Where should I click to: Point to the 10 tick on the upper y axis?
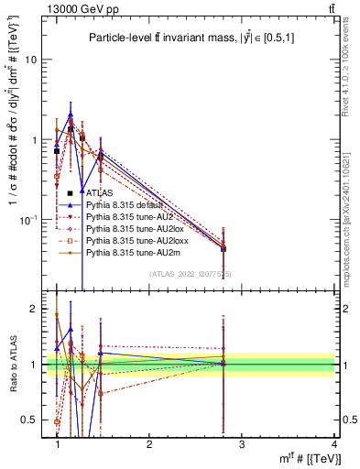30,60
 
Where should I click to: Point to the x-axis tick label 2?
149,444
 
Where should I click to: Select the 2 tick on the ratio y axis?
33,309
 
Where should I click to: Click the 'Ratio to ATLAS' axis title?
12,365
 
